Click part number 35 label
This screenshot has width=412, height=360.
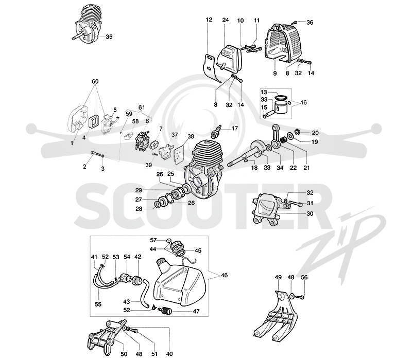[x=109, y=37]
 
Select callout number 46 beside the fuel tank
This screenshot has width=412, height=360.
[x=224, y=275]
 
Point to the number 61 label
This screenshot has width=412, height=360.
[x=142, y=107]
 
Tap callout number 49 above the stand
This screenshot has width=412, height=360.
[x=278, y=277]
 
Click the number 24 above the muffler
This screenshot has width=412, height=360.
[x=226, y=20]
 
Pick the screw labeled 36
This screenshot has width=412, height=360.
[x=296, y=23]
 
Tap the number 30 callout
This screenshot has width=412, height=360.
[x=310, y=213]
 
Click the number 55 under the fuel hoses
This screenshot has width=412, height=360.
[x=98, y=304]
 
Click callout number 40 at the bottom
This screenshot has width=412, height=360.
[x=169, y=354]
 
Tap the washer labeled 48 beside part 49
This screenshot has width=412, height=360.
[x=292, y=296]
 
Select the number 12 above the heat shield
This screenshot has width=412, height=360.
[x=209, y=20]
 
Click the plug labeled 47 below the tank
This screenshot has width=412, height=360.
[x=164, y=311]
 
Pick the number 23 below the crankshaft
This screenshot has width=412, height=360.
[x=267, y=168]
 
